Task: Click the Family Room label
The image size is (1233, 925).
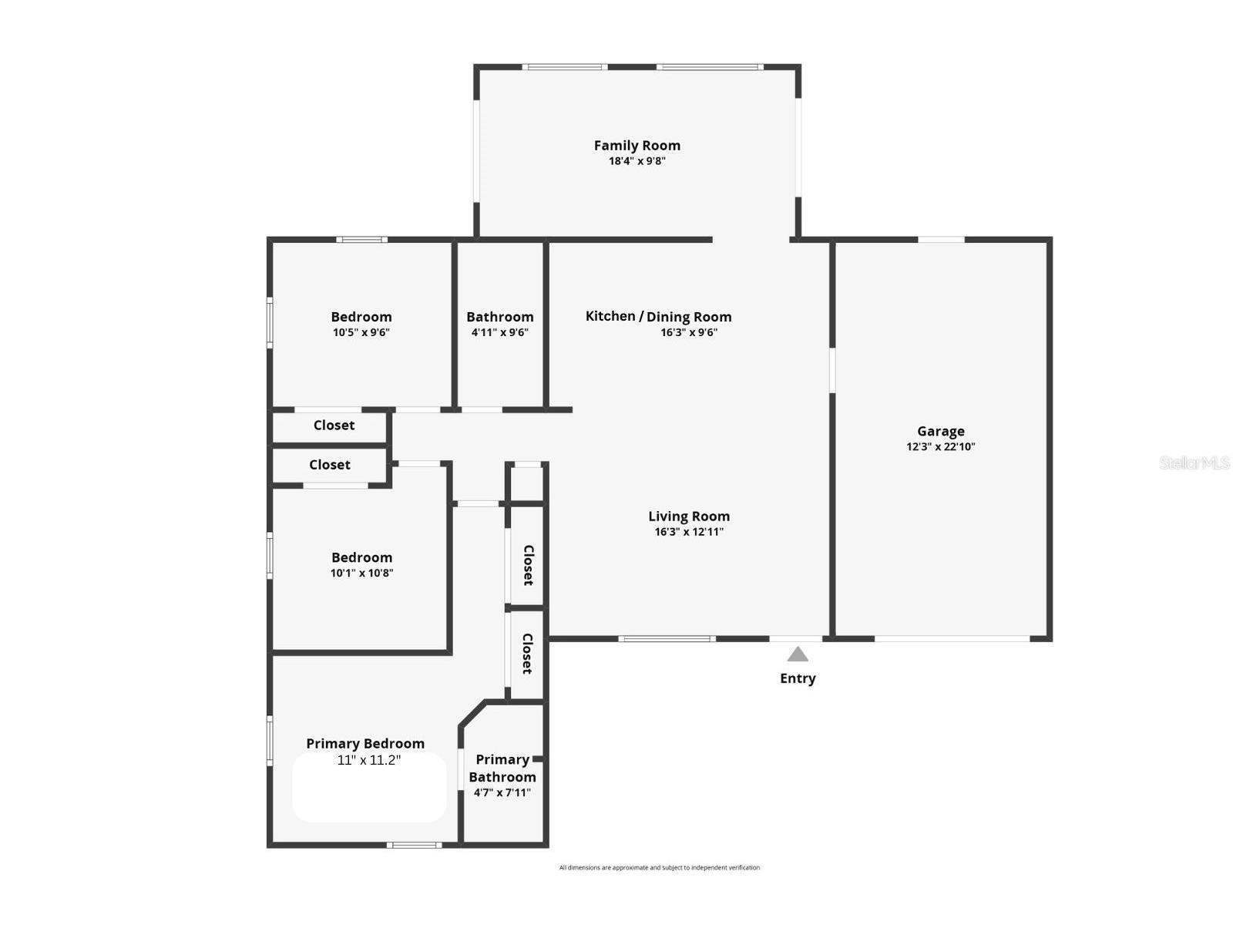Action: (x=637, y=145)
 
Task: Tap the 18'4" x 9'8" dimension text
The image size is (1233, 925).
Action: (x=637, y=161)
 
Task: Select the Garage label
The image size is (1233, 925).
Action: (x=940, y=431)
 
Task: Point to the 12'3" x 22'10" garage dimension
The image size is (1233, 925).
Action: (x=940, y=446)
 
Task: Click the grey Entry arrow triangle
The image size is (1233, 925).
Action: (x=798, y=654)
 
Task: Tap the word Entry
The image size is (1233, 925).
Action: (x=798, y=678)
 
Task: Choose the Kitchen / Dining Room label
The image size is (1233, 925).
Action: (x=658, y=316)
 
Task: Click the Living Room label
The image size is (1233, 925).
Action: (x=688, y=516)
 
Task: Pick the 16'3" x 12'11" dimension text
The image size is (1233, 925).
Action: (x=688, y=532)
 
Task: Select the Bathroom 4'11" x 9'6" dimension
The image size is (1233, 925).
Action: (x=499, y=332)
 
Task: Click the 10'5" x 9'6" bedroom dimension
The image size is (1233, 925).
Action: (x=361, y=332)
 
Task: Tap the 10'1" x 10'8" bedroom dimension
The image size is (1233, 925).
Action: (x=361, y=573)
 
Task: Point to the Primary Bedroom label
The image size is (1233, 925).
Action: (x=365, y=743)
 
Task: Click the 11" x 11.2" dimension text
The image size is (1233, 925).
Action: (x=368, y=760)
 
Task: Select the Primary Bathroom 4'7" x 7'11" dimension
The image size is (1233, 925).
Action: (x=502, y=792)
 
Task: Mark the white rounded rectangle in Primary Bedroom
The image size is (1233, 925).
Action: (x=369, y=794)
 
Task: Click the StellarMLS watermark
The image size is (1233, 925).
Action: (x=1194, y=462)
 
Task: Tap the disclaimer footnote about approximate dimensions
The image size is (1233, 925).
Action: (x=659, y=867)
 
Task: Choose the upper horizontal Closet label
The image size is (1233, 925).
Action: (x=334, y=425)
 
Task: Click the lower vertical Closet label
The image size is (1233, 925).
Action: (x=528, y=654)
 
